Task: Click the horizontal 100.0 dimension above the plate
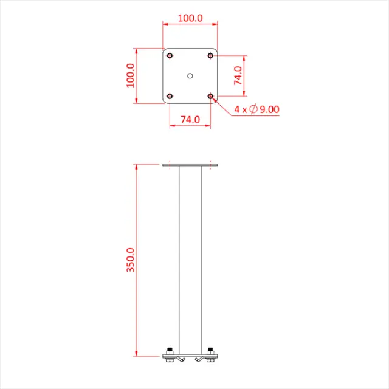(190, 18)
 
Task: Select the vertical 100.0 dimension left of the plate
(131, 75)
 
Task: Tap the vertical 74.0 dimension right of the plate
(238, 76)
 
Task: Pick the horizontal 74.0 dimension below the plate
(190, 120)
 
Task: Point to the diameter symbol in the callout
(252, 109)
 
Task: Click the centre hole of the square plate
(190, 76)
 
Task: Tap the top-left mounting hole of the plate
(170, 56)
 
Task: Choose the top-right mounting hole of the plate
(210, 56)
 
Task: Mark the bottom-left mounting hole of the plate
(170, 96)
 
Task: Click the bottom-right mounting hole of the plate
(210, 96)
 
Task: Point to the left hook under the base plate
(181, 362)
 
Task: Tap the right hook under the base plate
(199, 362)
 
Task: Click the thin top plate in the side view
(190, 165)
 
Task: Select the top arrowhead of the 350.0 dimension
(137, 167)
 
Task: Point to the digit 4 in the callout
(236, 109)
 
